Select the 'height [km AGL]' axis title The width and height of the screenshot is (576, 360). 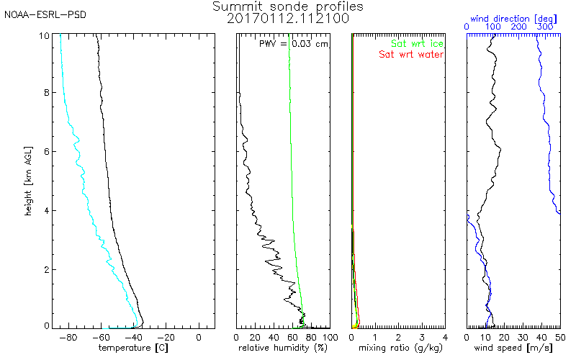click(x=27, y=180)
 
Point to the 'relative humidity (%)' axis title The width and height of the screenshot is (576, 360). click(x=283, y=348)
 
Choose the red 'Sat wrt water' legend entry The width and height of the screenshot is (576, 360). click(x=411, y=54)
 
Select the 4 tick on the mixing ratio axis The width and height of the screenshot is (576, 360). click(x=445, y=336)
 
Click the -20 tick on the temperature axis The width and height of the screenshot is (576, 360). click(x=166, y=336)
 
